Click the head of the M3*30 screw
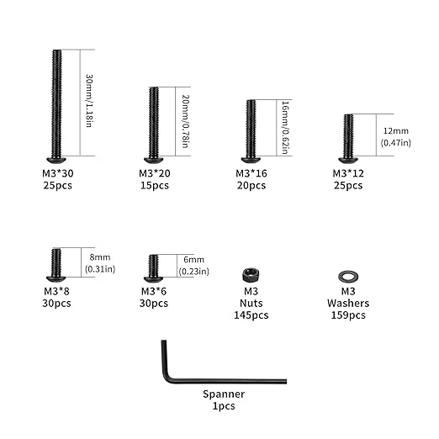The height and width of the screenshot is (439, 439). pyautogui.click(x=56, y=160)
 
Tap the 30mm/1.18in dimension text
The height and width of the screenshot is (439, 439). pyautogui.click(x=89, y=101)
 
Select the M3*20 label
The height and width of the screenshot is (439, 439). pyautogui.click(x=155, y=173)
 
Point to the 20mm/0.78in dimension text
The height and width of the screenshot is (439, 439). pyautogui.click(x=185, y=121)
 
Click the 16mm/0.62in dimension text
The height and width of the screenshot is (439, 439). pyautogui.click(x=285, y=128)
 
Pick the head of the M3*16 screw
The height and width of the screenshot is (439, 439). pyautogui.click(x=251, y=160)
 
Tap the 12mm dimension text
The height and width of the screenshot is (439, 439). pyautogui.click(x=395, y=131)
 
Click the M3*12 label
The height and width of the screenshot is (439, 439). pyautogui.click(x=348, y=173)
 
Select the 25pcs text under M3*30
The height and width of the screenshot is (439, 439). pyautogui.click(x=57, y=186)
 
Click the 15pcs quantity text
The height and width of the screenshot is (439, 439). pyautogui.click(x=155, y=186)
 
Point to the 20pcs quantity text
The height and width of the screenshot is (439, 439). pyautogui.click(x=251, y=186)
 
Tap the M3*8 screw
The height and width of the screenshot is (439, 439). pyautogui.click(x=56, y=265)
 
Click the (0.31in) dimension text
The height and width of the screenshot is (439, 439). pyautogui.click(x=100, y=269)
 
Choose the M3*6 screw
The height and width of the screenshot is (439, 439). pyautogui.click(x=153, y=268)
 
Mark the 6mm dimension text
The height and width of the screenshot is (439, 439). pyautogui.click(x=193, y=260)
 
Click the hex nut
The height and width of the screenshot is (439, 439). pyautogui.click(x=251, y=275)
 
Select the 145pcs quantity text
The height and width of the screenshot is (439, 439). pyautogui.click(x=251, y=315)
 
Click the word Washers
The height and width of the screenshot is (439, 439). pyautogui.click(x=348, y=304)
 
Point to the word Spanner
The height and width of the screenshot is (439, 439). pyautogui.click(x=224, y=394)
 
